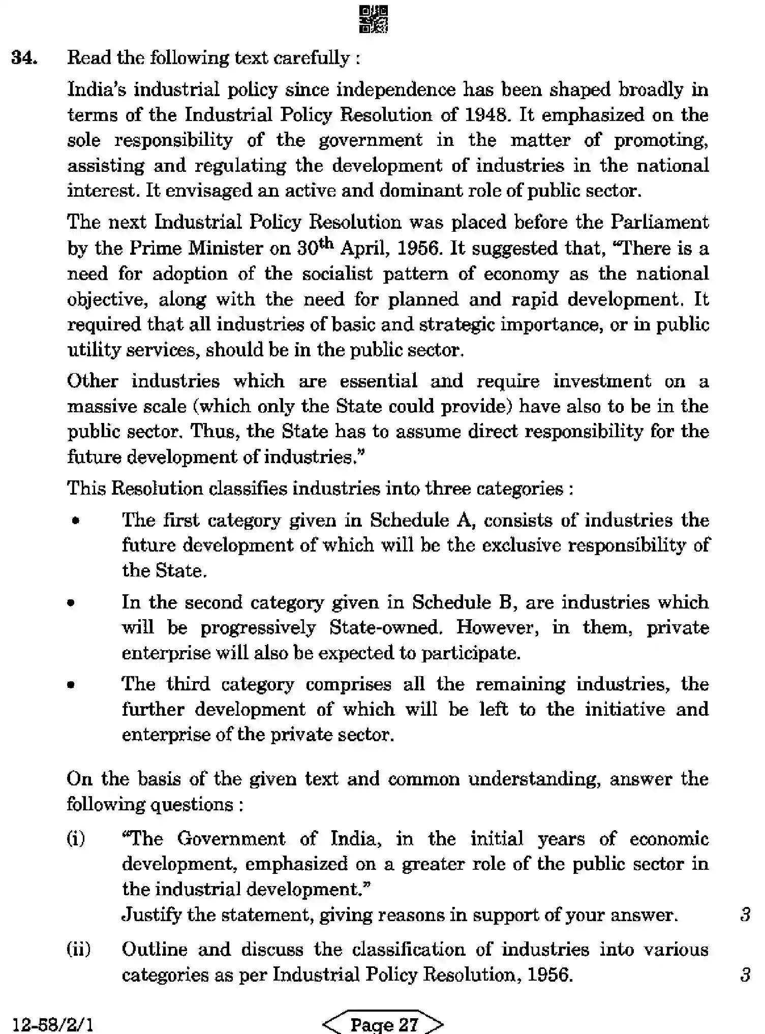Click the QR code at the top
click(x=374, y=19)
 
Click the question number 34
click(x=24, y=58)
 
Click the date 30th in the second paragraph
click(x=315, y=248)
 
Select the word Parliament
click(x=659, y=222)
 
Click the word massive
click(x=95, y=407)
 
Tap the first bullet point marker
click(x=76, y=521)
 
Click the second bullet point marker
click(x=71, y=603)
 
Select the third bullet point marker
click(x=71, y=685)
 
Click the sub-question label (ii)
click(x=79, y=949)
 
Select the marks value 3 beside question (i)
click(x=745, y=915)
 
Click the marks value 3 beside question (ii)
click(x=745, y=975)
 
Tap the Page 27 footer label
click(x=384, y=1024)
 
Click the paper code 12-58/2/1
click(x=52, y=1024)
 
